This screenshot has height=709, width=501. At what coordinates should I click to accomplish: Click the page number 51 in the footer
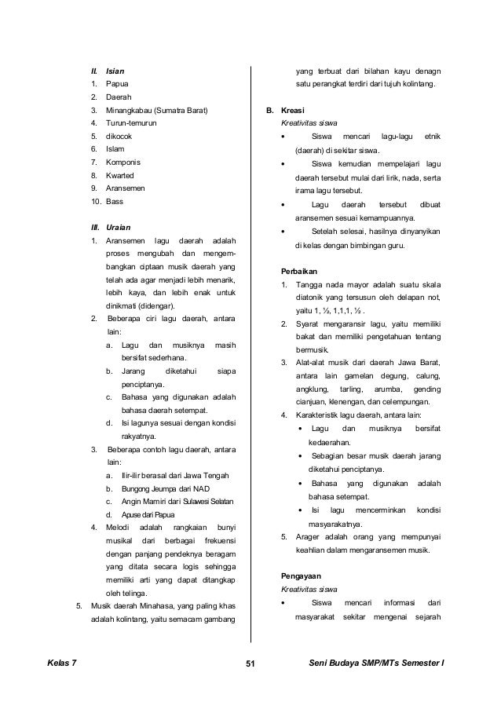point(251,666)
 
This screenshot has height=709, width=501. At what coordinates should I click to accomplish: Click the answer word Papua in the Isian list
point(118,84)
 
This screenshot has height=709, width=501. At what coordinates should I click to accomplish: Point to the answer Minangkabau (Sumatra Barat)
point(157,110)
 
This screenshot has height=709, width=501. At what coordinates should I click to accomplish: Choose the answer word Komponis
point(124,162)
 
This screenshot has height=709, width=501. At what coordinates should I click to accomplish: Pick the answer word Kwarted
point(121,175)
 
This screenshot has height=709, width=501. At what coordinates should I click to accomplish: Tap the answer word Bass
point(115,201)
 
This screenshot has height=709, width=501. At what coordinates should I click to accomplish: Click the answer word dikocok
point(121,136)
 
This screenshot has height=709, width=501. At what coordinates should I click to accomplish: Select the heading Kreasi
point(293,110)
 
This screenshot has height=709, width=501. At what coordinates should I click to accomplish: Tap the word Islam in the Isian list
point(116,149)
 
